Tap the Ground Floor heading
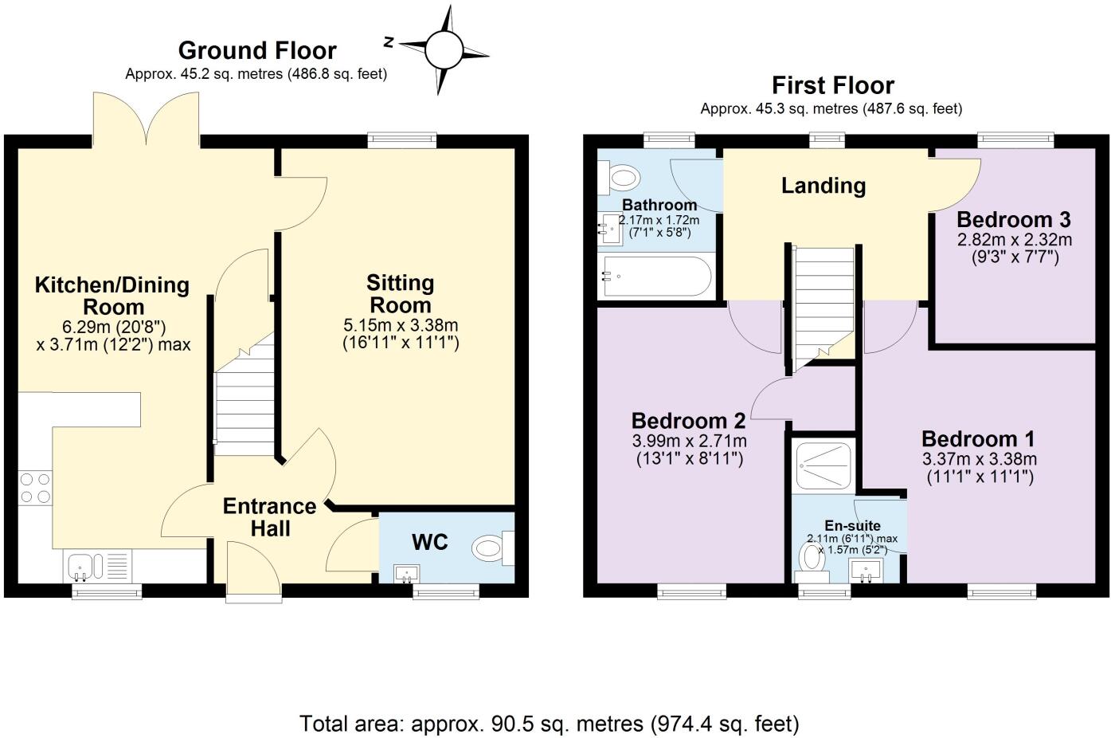[x=256, y=50]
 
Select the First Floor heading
[x=832, y=85]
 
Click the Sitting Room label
[x=400, y=293]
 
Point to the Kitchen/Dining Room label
[x=111, y=296]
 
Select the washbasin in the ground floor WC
[x=407, y=572]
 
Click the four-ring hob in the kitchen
[x=35, y=488]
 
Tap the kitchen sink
[x=82, y=567]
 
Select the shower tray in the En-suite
[x=823, y=465]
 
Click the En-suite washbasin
[x=865, y=569]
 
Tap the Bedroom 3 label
[x=1013, y=219]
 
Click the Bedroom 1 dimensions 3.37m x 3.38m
[x=979, y=459]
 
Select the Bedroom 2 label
[x=688, y=420]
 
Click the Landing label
[x=823, y=186]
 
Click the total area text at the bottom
[x=549, y=724]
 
